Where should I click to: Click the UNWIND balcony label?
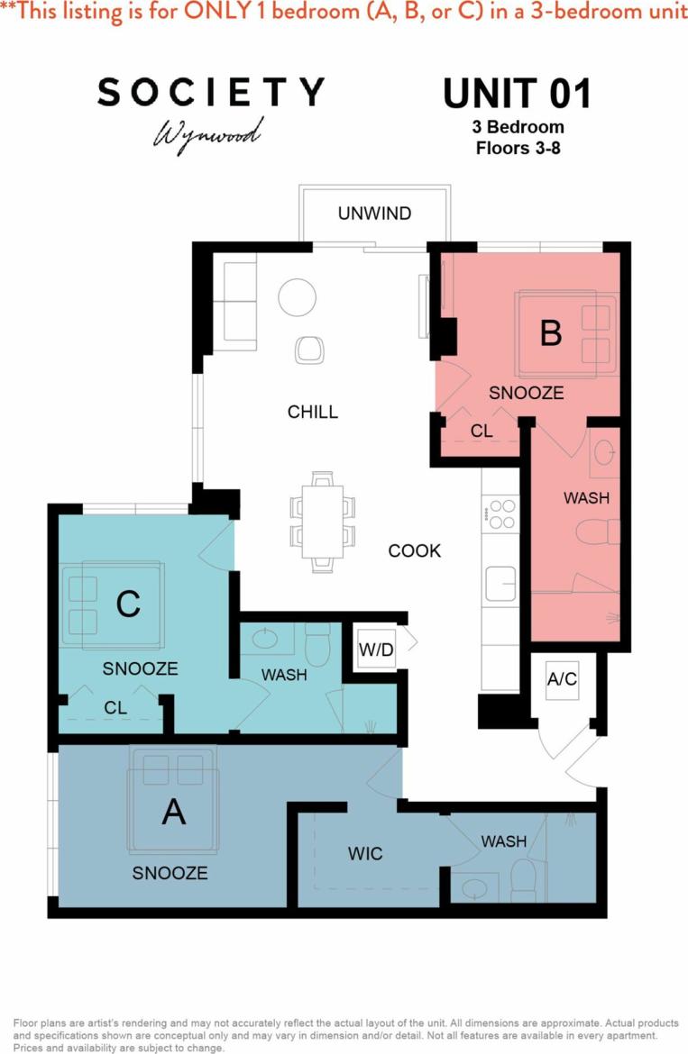click(374, 214)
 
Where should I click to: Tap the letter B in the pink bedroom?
click(550, 332)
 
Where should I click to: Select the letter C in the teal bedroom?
click(128, 604)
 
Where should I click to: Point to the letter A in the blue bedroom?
click(173, 812)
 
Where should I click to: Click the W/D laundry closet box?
click(376, 649)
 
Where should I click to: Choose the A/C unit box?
click(562, 679)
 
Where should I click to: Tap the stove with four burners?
click(500, 513)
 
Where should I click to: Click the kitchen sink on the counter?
click(500, 583)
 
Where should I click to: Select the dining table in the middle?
click(322, 521)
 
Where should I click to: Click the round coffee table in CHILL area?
click(297, 296)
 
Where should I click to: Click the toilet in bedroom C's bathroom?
click(318, 645)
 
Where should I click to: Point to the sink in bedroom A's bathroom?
click(474, 886)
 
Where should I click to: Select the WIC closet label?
click(364, 853)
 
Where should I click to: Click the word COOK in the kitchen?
click(415, 550)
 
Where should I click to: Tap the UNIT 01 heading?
click(517, 95)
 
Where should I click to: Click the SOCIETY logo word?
click(211, 93)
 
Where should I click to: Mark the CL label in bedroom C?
click(115, 708)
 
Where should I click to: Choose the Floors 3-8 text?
click(518, 148)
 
